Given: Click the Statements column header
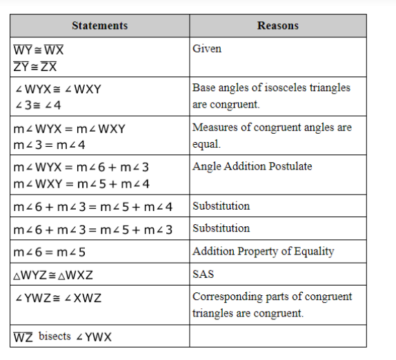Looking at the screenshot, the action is click(100, 26).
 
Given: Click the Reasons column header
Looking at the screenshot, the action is click(278, 26).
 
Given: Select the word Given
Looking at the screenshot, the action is click(207, 48).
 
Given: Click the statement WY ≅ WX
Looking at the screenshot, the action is click(39, 50).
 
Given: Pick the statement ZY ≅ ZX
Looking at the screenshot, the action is click(35, 67).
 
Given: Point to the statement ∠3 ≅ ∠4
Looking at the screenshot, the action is click(38, 105).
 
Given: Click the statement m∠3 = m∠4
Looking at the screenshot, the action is click(49, 145).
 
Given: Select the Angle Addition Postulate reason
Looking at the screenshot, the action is click(252, 166).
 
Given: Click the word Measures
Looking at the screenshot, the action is click(215, 127).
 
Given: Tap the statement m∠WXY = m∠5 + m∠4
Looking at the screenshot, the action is click(81, 184).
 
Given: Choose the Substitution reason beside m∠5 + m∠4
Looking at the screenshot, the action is click(221, 206).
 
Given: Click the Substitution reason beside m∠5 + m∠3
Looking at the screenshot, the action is click(221, 228).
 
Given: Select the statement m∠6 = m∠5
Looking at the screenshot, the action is click(49, 252).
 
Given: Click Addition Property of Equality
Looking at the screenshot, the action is click(263, 252).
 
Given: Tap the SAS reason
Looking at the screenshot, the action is click(203, 274).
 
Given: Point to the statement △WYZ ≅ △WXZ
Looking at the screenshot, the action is click(53, 275).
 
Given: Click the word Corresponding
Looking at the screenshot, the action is click(228, 297).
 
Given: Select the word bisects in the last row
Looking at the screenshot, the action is click(55, 337).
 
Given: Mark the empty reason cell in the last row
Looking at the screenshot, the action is click(278, 336).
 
